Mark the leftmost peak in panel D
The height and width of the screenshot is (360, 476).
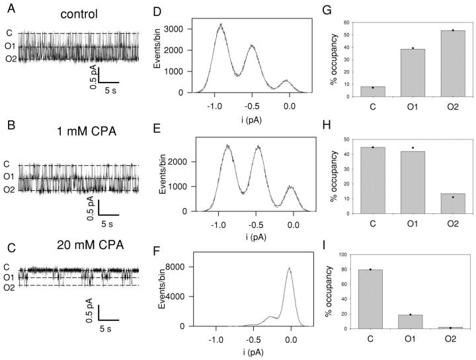tap(221, 25)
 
